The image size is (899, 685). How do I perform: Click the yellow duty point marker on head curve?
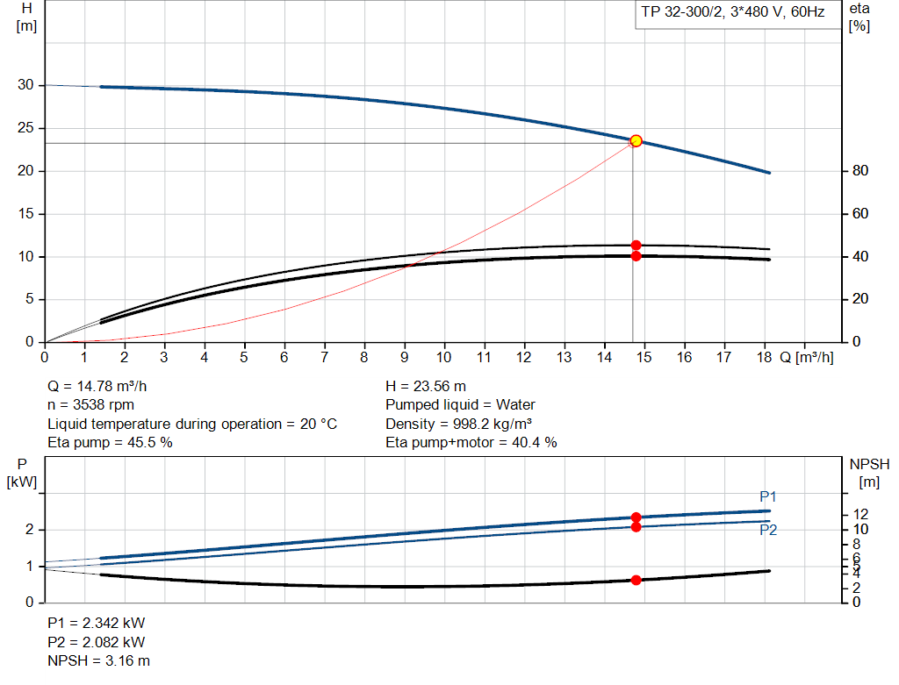[636, 140]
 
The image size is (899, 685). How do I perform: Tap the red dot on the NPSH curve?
[636, 580]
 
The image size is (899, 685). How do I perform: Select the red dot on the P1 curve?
[636, 517]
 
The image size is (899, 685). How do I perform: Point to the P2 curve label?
[768, 530]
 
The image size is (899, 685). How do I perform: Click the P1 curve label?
[768, 496]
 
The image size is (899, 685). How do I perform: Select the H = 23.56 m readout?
[426, 386]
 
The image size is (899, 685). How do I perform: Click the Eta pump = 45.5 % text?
[110, 443]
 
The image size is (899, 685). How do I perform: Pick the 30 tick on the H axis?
[25, 85]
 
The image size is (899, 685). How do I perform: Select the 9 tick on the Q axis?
[404, 358]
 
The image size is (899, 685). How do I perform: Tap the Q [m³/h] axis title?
[806, 358]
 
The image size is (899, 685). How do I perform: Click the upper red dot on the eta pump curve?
[636, 246]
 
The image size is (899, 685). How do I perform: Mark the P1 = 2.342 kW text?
[97, 623]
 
